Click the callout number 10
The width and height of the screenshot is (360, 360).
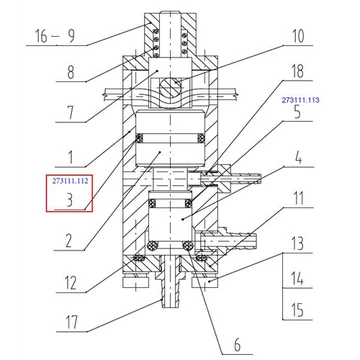(x=298, y=36)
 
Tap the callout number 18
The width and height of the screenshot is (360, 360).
(x=297, y=71)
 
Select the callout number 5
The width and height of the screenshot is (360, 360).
(x=297, y=112)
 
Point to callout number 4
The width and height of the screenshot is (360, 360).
(x=299, y=158)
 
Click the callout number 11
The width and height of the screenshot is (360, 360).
(x=298, y=198)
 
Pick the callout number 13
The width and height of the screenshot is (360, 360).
(x=298, y=244)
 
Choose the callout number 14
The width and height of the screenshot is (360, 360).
(x=298, y=278)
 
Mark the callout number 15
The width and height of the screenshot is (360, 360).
(x=298, y=310)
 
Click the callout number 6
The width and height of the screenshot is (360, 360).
(x=237, y=345)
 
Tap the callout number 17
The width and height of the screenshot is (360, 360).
(x=71, y=322)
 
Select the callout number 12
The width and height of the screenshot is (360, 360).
(x=70, y=283)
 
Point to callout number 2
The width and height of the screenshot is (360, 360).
(x=68, y=241)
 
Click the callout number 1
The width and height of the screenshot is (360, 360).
(x=70, y=158)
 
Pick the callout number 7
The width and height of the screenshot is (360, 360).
(x=70, y=113)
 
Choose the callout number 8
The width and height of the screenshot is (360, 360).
(x=70, y=72)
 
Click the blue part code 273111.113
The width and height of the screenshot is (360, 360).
(x=301, y=100)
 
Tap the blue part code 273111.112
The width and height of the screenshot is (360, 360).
(x=70, y=181)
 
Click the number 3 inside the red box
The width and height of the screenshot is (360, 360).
(x=69, y=200)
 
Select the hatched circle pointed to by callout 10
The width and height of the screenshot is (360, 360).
(x=169, y=88)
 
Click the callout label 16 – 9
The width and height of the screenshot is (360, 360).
(x=55, y=36)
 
